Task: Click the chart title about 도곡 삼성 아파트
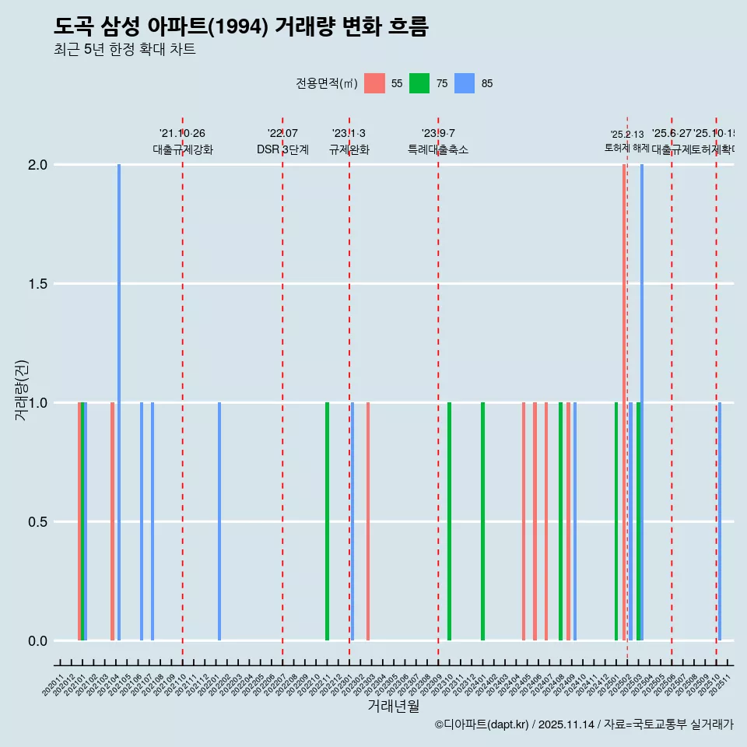click(x=241, y=26)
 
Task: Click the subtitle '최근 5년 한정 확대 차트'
click(x=124, y=50)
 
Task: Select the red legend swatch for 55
click(x=374, y=83)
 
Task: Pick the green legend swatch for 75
click(x=419, y=83)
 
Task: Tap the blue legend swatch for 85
click(x=465, y=83)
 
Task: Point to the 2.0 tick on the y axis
click(x=38, y=165)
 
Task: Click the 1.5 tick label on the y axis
click(x=38, y=284)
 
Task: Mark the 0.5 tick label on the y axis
click(x=38, y=522)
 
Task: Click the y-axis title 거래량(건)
click(x=21, y=390)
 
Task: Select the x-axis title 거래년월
click(x=393, y=707)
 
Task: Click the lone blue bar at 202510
click(x=720, y=521)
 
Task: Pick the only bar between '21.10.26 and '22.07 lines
click(x=219, y=521)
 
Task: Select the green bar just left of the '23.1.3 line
click(x=327, y=521)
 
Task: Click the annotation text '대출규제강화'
click(x=182, y=149)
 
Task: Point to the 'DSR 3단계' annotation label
click(x=282, y=149)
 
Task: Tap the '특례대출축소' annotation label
click(x=438, y=149)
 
